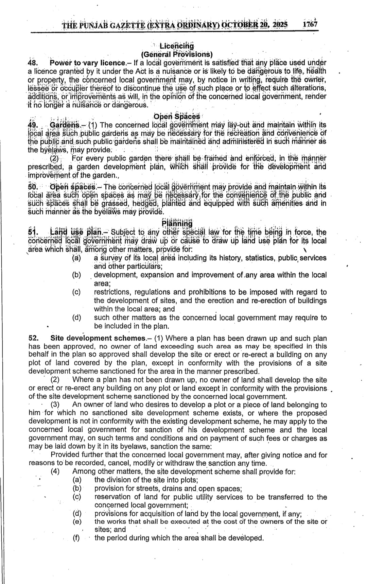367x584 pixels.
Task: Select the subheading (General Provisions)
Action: (176, 54)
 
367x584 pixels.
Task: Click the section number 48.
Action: (34, 63)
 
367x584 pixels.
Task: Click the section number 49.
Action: (34, 125)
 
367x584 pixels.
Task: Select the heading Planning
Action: (177, 223)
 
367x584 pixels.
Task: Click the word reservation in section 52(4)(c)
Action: (113, 497)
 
